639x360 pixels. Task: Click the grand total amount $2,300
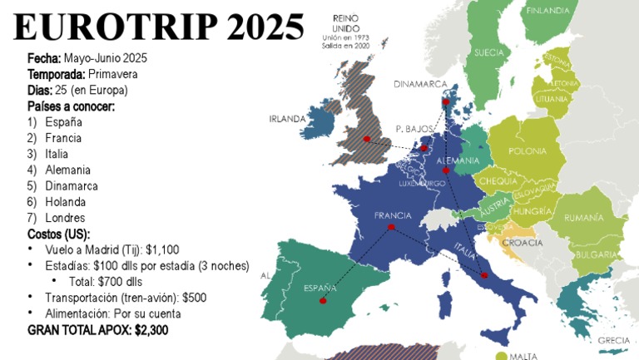(x=150, y=330)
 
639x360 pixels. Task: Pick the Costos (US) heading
(x=58, y=234)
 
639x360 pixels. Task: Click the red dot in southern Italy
(x=484, y=275)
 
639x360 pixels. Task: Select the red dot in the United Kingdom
(x=366, y=138)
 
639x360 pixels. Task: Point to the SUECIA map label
(x=488, y=52)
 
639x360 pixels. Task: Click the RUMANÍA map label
(x=582, y=218)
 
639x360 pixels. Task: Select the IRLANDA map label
(x=287, y=119)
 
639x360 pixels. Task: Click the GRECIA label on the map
(x=613, y=340)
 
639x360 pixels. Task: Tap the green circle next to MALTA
(x=501, y=356)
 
